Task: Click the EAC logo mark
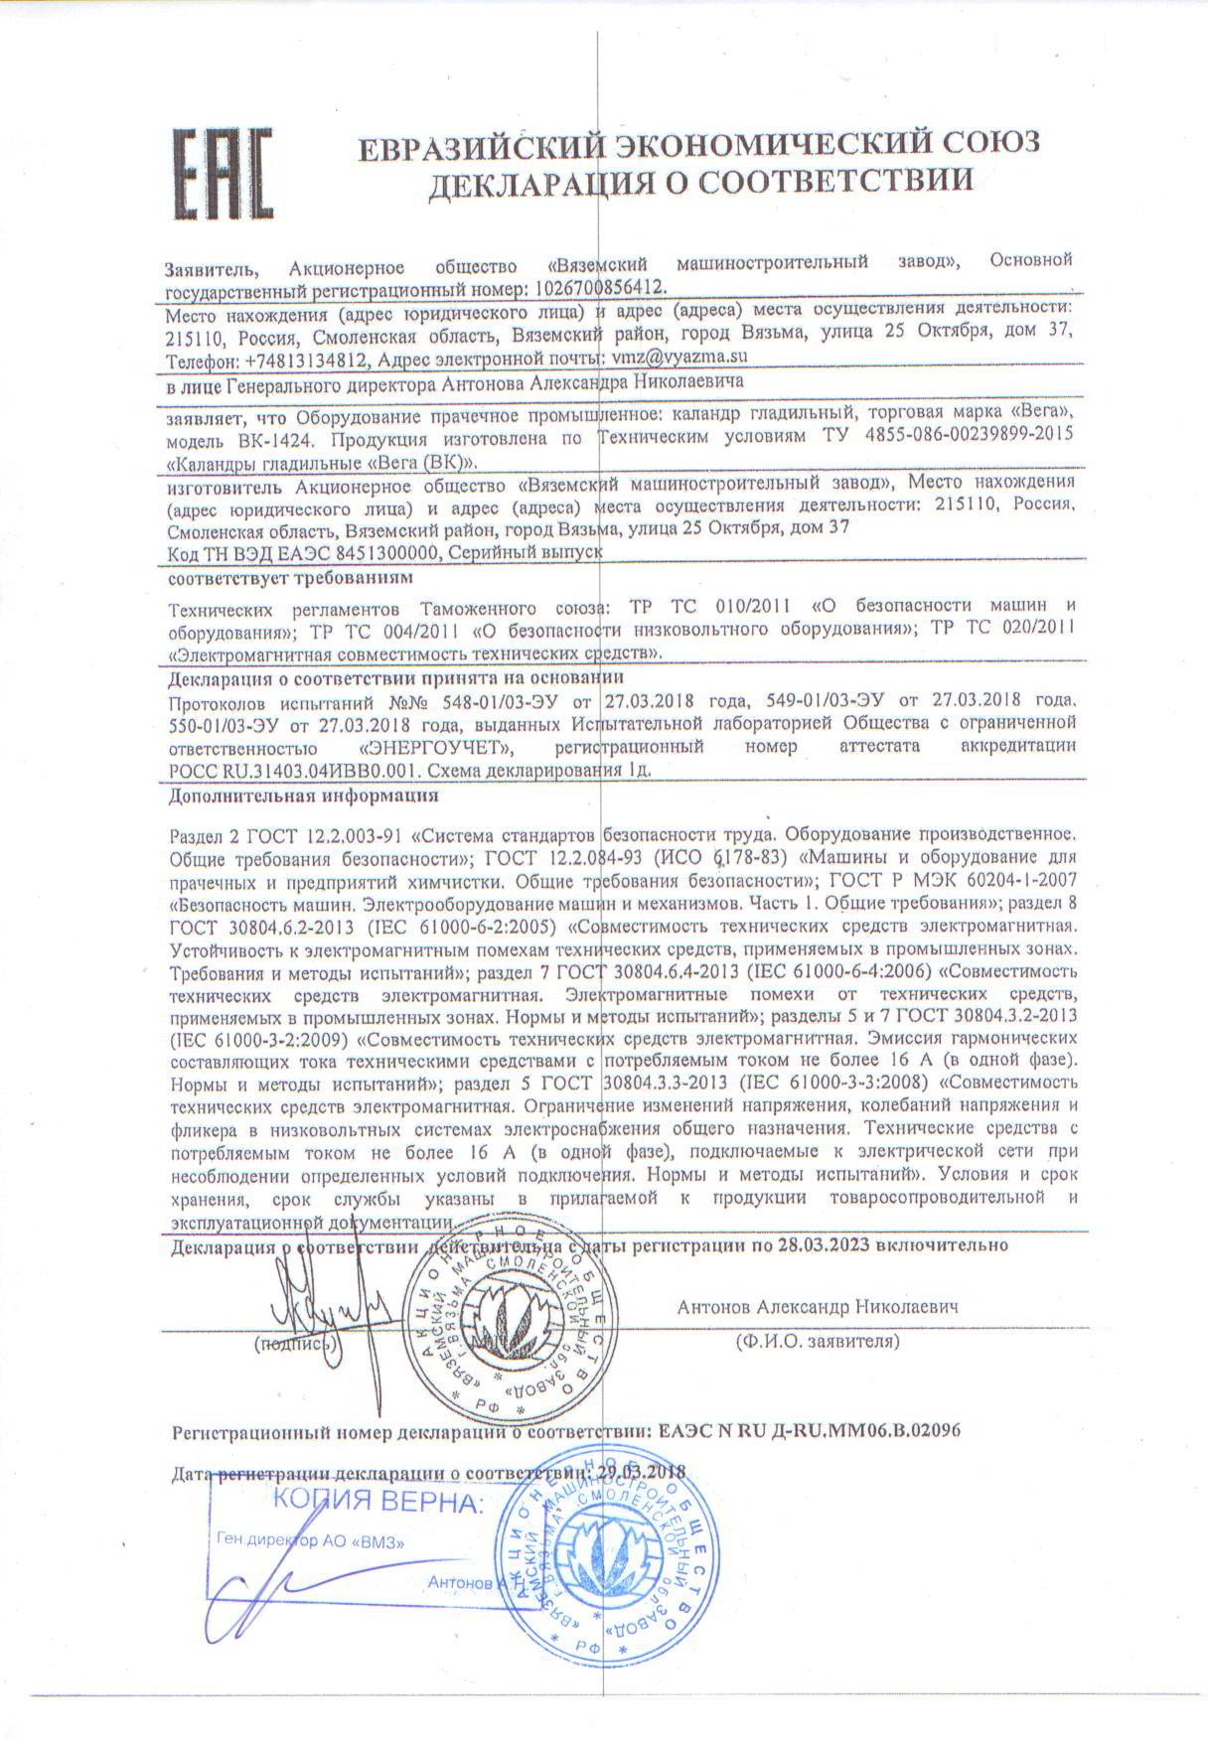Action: [224, 175]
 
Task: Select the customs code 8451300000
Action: [389, 552]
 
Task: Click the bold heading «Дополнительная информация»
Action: [304, 796]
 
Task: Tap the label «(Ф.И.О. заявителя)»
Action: [817, 1342]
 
